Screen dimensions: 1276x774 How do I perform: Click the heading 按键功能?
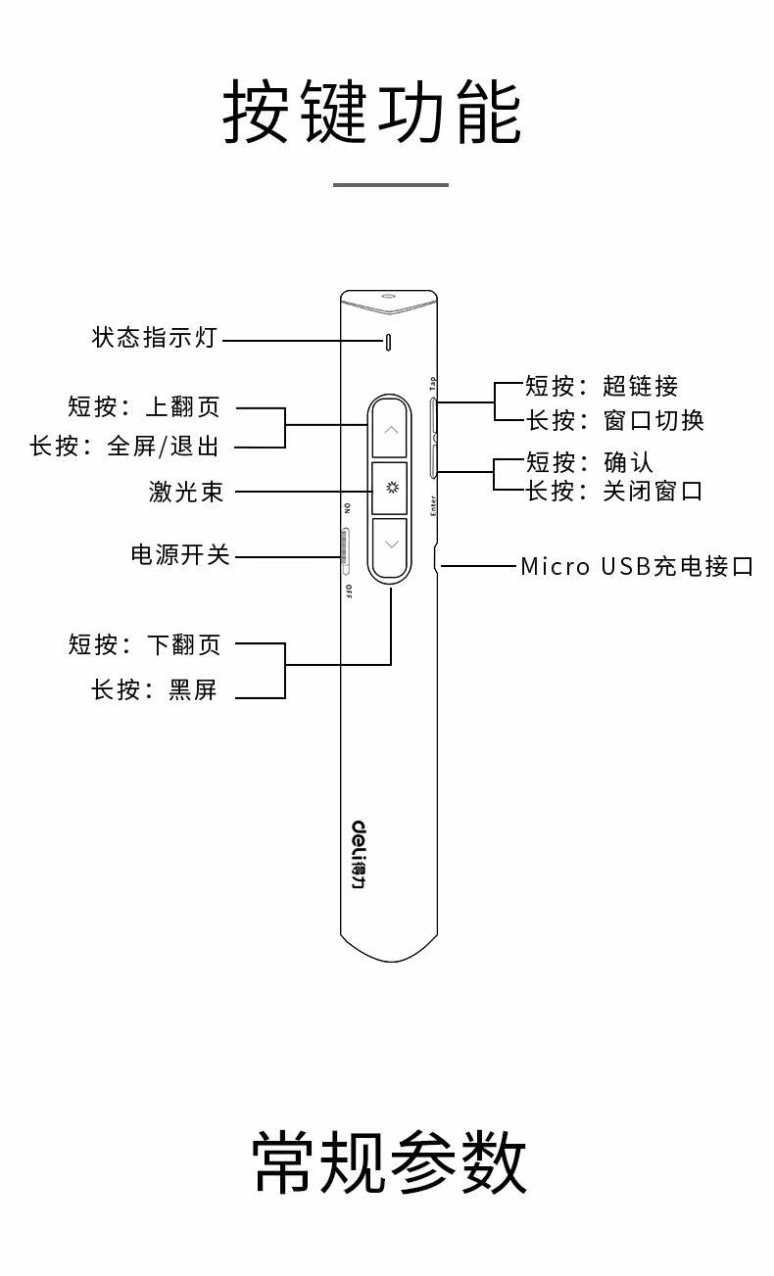(371, 114)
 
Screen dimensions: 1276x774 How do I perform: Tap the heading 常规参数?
(389, 1162)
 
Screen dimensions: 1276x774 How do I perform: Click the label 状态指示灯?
(154, 339)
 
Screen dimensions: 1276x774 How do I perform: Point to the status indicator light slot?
(388, 342)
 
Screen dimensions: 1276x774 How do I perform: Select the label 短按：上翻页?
(144, 406)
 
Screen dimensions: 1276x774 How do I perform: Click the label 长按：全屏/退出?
(124, 447)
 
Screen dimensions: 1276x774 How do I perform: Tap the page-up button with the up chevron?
(390, 429)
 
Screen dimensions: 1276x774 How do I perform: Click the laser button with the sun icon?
(390, 488)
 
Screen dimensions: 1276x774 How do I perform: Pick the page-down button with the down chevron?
(390, 544)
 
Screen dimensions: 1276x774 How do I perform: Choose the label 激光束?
(186, 492)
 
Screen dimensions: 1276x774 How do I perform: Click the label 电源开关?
(180, 554)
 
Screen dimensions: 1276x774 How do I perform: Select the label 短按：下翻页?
(145, 644)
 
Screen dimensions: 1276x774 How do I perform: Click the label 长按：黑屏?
(154, 689)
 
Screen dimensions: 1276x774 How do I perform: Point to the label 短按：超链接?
(602, 386)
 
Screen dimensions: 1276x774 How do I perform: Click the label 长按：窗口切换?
(614, 420)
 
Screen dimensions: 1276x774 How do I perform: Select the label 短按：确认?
(589, 461)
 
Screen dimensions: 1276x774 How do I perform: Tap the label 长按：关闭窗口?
(614, 491)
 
